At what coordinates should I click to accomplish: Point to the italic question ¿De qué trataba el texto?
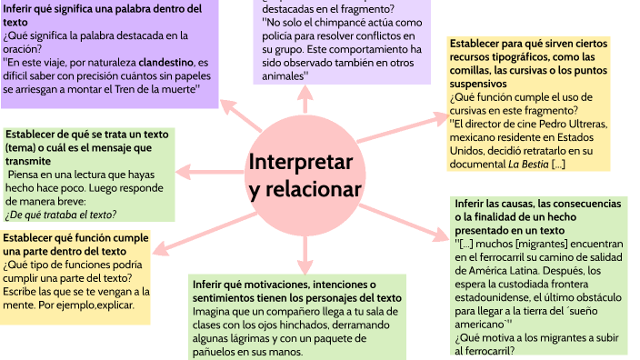61,215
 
